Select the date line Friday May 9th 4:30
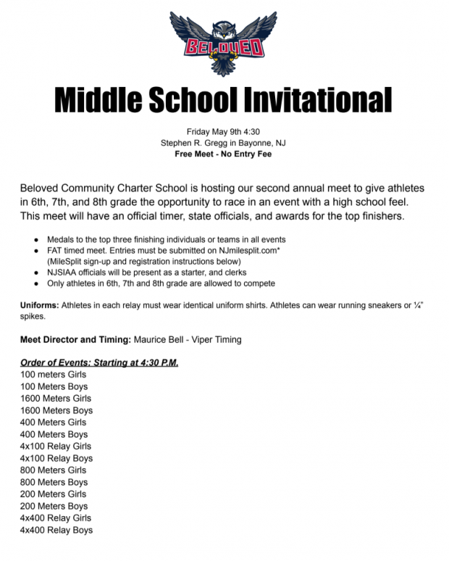223,132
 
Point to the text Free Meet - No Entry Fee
223,154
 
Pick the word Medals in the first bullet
62,239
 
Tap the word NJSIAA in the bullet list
64,272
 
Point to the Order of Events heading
98,362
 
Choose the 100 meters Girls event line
53,375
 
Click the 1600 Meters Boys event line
56,410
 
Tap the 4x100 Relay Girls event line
56,446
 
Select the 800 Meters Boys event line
54,482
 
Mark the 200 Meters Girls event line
53,494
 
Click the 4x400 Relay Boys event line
56,530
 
